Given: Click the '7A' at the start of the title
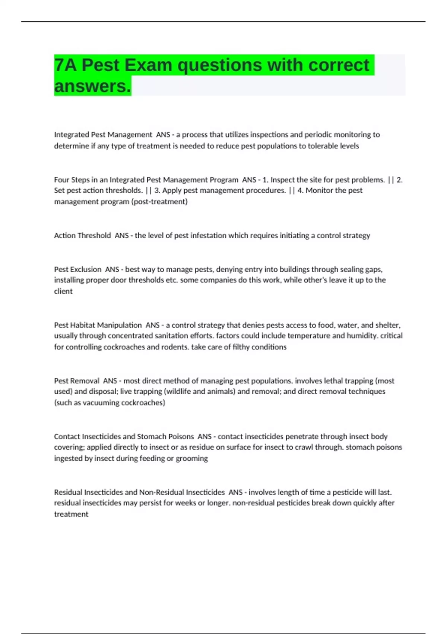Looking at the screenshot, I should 66,65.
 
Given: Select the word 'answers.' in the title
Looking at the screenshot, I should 93,86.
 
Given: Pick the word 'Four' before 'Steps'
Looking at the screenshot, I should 61,180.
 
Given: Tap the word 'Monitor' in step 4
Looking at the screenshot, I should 319,191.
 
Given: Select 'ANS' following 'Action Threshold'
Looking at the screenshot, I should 121,236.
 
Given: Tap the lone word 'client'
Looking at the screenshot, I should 63,291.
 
